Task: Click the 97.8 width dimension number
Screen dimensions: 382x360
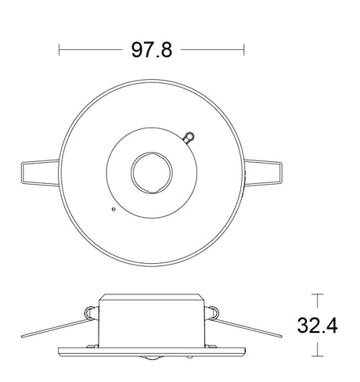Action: point(151,50)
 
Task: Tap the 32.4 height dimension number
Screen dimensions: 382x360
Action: point(317,325)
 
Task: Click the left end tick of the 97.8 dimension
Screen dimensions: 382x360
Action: point(60,50)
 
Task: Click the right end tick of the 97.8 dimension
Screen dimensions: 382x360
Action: point(244,50)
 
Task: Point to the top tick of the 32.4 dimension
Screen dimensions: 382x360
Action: point(317,295)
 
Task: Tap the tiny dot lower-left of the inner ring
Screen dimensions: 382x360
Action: point(113,209)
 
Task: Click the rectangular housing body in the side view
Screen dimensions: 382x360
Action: point(152,321)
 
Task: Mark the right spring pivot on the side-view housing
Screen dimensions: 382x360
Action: point(210,315)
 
